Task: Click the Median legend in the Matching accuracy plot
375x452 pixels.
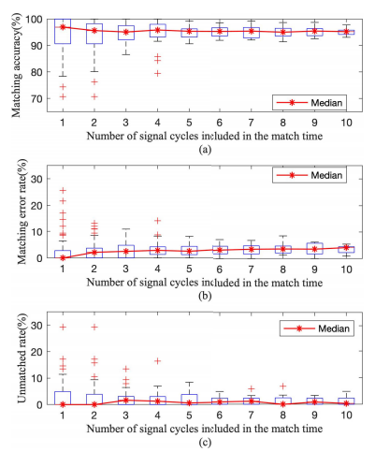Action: click(x=310, y=102)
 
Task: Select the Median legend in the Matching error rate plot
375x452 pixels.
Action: click(x=310, y=175)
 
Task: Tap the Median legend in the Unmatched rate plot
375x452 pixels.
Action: click(x=317, y=328)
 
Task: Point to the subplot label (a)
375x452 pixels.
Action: click(x=205, y=150)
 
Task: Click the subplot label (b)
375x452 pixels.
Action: click(x=205, y=296)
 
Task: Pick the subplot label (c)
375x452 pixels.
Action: click(x=205, y=442)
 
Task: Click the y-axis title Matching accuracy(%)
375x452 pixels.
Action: click(x=16, y=66)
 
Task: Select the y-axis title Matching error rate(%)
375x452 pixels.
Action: click(x=22, y=211)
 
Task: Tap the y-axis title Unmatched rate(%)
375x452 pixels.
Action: click(x=22, y=357)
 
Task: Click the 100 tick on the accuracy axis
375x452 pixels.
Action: click(x=35, y=20)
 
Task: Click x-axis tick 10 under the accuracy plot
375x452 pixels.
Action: click(x=346, y=123)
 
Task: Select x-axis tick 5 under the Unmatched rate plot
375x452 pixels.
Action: click(x=189, y=416)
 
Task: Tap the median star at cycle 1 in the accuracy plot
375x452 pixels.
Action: click(x=63, y=27)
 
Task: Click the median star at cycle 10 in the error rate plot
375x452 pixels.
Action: click(x=346, y=247)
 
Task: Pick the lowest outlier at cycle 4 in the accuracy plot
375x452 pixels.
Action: click(x=158, y=74)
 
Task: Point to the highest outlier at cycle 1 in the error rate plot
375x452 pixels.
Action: click(x=63, y=190)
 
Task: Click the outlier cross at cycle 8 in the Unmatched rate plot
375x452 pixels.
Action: click(x=282, y=386)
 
